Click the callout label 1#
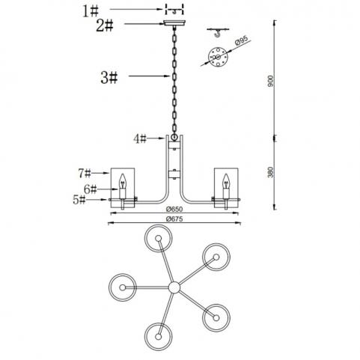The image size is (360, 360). [91, 11]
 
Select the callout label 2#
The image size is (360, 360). [105, 25]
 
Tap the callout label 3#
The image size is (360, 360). [109, 78]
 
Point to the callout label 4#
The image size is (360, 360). [140, 138]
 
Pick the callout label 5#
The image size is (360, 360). [79, 200]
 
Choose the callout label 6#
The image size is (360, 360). [90, 189]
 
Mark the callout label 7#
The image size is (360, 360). [85, 173]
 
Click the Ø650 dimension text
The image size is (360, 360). [174, 209]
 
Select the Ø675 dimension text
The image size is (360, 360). [174, 219]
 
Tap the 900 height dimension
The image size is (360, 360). [271, 81]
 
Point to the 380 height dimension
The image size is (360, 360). [271, 172]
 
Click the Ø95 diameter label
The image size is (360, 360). [242, 40]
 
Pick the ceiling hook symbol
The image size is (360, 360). [218, 32]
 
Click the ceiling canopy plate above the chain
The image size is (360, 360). [174, 24]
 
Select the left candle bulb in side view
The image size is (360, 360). [123, 181]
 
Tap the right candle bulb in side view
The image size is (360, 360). [226, 181]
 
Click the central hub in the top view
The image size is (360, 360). [174, 287]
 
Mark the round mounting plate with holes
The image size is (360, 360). [218, 58]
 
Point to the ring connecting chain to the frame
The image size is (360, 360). [174, 137]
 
